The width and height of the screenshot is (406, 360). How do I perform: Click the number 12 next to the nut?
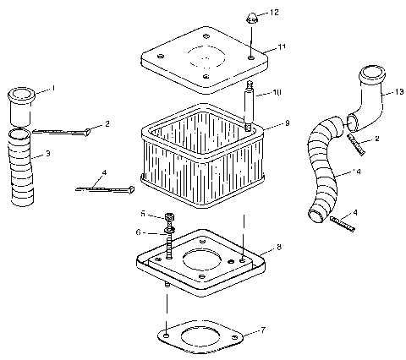point(274,14)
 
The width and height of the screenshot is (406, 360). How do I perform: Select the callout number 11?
point(282,47)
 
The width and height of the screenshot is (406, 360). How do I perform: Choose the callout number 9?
point(287,124)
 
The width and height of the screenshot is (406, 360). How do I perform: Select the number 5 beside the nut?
point(143,214)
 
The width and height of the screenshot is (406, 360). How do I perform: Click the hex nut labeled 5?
point(169,215)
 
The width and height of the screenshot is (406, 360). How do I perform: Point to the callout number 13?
point(391,95)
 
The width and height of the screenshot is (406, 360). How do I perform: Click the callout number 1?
point(52,88)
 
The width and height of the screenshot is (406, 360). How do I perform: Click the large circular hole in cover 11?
point(204,63)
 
